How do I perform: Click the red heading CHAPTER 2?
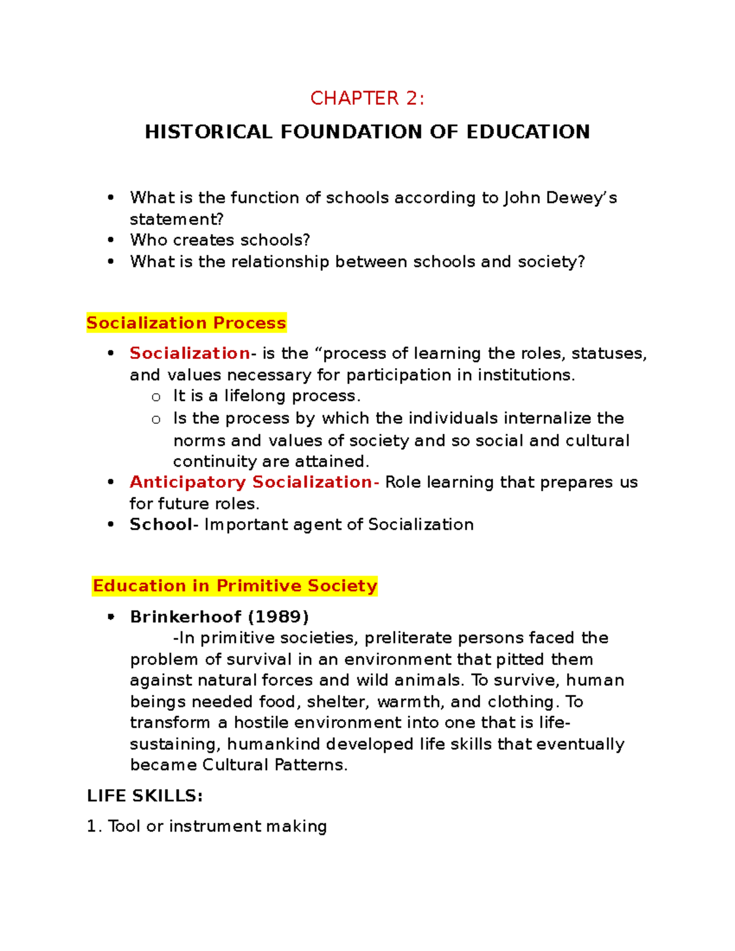click(x=367, y=98)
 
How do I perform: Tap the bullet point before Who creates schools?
click(x=111, y=240)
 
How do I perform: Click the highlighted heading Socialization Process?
click(x=186, y=323)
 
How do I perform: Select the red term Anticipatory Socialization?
click(x=250, y=482)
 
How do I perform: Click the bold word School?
click(x=160, y=524)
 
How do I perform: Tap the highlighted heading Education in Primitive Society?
click(x=235, y=585)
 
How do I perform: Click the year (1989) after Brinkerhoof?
click(x=277, y=616)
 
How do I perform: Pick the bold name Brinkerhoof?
click(x=186, y=616)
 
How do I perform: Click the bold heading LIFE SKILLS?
click(x=145, y=795)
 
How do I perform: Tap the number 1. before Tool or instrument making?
click(x=94, y=826)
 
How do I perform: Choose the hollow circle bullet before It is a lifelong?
click(x=156, y=397)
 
